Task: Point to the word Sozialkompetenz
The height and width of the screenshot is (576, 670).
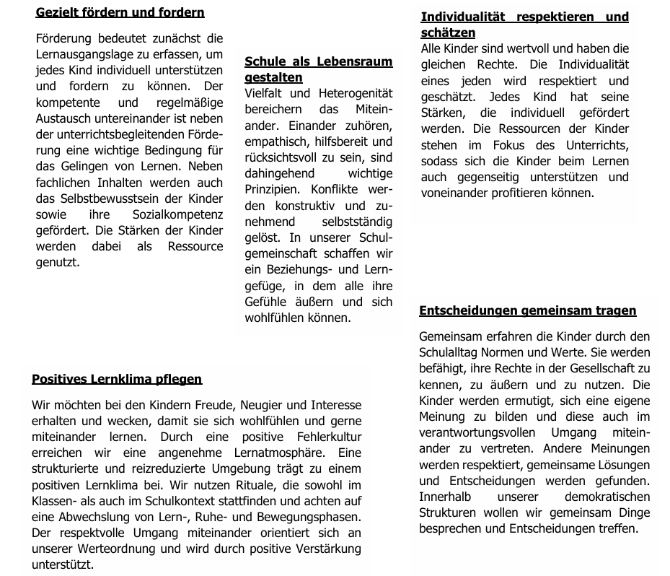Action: (178, 215)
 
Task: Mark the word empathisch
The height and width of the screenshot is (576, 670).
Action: (275, 141)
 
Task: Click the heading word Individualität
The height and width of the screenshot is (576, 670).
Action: (462, 17)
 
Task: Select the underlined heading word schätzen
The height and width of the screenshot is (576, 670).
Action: (448, 32)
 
